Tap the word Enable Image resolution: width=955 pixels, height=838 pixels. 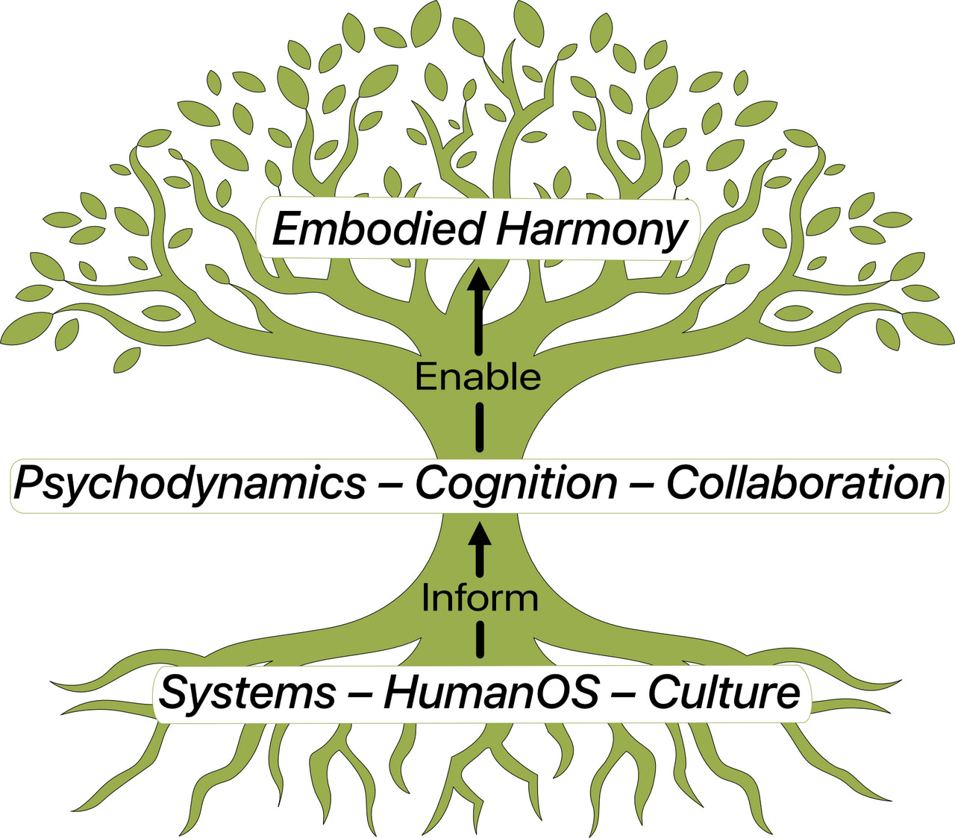point(478,377)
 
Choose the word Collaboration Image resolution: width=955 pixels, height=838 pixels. point(806,483)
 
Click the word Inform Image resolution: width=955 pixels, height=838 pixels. point(479,598)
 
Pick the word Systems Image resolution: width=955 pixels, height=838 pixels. point(247,693)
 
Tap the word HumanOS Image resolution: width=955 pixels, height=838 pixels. point(491,693)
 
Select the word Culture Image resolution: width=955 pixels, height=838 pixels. point(724,693)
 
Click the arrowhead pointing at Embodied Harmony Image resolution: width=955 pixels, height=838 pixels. point(479,280)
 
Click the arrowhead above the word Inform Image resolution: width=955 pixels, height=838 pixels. point(479,535)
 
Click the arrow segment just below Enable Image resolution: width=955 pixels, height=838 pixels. point(479,426)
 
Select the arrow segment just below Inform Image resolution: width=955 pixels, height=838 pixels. point(479,640)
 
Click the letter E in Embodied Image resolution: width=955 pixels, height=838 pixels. point(286,229)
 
